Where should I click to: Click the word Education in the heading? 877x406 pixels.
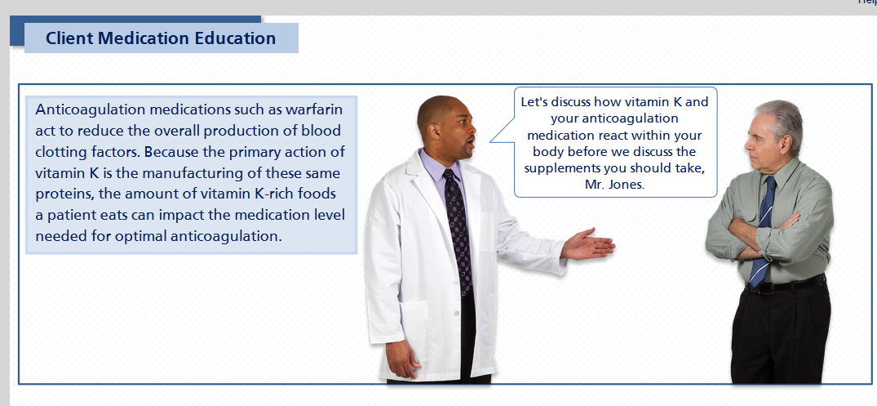pyautogui.click(x=235, y=38)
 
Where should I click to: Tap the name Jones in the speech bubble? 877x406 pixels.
pyautogui.click(x=627, y=185)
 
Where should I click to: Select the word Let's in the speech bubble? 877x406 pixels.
pyautogui.click(x=534, y=102)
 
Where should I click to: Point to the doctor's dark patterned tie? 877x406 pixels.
pyautogui.click(x=458, y=230)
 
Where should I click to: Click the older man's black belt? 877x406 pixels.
pyautogui.click(x=785, y=284)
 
